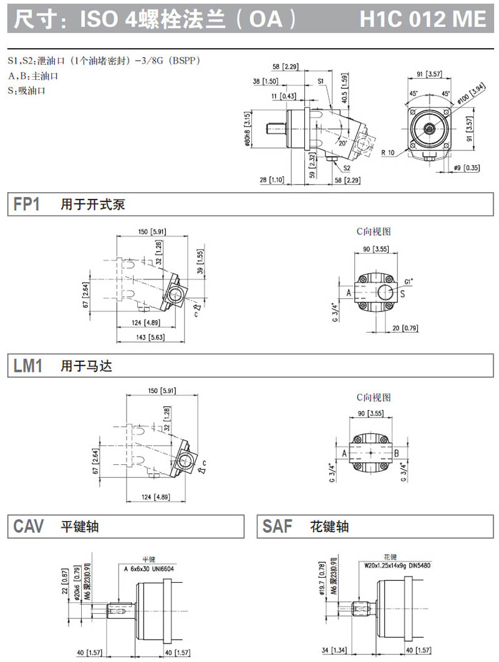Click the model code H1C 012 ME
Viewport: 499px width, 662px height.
coord(422,19)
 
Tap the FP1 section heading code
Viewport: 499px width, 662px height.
coord(27,204)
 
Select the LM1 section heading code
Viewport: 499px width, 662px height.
coord(28,366)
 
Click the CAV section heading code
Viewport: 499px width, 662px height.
coord(29,527)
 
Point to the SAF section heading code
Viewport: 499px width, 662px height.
coord(278,527)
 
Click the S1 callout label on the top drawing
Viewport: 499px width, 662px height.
coord(320,81)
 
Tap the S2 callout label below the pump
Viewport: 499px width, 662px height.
coord(346,168)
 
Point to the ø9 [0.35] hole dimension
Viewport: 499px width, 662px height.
coord(467,168)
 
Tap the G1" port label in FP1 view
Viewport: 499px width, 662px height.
coord(409,281)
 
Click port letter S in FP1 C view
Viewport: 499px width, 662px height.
coord(402,293)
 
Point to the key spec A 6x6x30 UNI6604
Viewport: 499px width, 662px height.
coord(148,568)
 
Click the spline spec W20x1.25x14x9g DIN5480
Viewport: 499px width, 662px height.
coord(398,566)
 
